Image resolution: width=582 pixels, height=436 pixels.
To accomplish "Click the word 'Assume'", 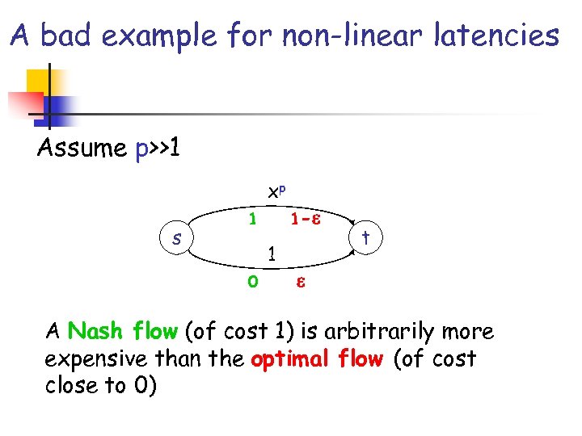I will click(81, 149).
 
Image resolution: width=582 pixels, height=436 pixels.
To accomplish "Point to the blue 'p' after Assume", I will click(141, 151).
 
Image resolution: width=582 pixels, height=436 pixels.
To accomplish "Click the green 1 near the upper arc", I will click(253, 220).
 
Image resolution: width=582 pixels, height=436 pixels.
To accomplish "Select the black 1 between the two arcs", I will click(273, 253).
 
